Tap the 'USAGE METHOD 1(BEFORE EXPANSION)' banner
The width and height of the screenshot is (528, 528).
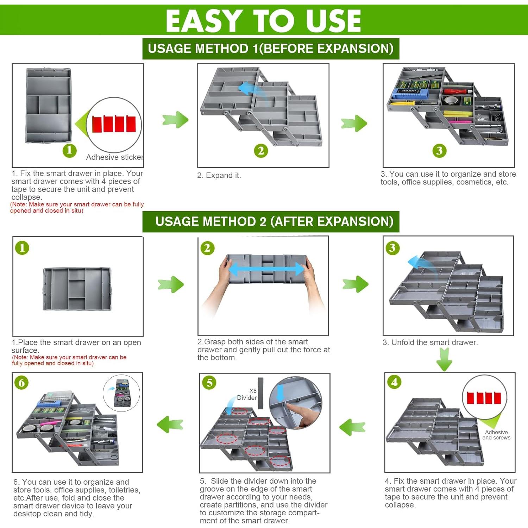[271, 49]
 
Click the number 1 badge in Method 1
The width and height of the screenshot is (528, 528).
[69, 150]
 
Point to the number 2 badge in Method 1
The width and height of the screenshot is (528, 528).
[261, 151]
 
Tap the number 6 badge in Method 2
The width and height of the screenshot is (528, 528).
[22, 382]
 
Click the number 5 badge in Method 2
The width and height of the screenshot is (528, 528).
[209, 382]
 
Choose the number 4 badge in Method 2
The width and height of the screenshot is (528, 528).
[394, 382]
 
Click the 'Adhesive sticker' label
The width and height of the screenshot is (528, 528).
[114, 157]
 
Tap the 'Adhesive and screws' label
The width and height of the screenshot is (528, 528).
[496, 435]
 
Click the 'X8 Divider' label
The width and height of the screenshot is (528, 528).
[247, 394]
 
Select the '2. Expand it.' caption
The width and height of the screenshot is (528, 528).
[219, 175]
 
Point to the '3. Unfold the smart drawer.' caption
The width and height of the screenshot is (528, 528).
[430, 342]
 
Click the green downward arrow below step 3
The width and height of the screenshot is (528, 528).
[444, 359]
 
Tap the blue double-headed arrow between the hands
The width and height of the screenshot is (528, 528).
[266, 270]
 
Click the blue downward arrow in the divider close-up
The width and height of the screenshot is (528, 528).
[280, 392]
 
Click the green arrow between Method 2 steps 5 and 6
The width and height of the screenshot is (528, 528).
[170, 425]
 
